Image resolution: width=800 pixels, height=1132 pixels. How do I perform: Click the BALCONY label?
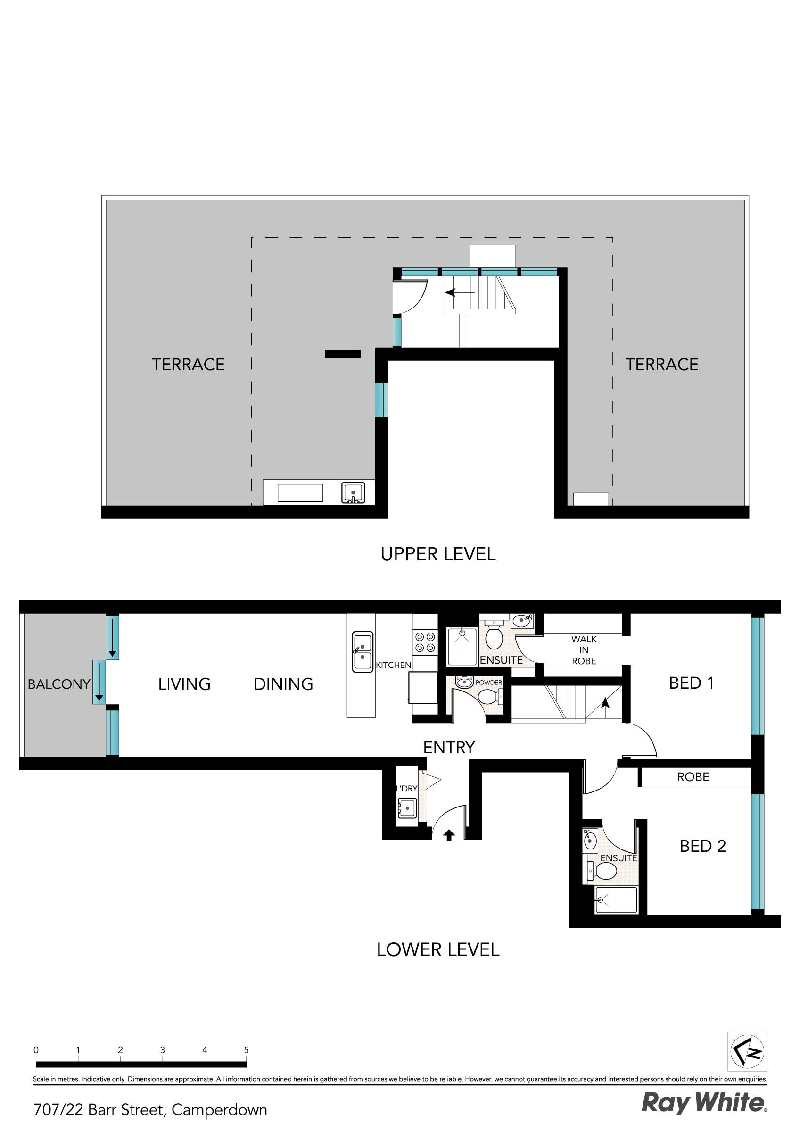58,684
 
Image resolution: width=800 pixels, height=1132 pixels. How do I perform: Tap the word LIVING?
184,684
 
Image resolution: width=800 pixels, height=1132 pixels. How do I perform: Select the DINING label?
283,684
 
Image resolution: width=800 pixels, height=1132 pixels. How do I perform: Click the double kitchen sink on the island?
363,652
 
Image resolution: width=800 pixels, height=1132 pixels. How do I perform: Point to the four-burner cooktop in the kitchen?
425,642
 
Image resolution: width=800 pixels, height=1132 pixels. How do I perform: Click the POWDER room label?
488,683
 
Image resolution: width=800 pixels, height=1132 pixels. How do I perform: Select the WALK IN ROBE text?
584,650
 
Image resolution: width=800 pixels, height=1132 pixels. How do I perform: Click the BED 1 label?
691,683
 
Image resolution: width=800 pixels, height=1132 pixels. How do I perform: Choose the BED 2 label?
702,846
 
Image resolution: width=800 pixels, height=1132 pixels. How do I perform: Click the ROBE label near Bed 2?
693,777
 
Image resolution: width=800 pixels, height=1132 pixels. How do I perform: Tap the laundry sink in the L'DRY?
407,808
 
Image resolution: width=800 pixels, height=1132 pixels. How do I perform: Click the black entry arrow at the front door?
448,835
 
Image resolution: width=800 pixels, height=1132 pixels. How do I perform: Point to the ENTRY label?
448,748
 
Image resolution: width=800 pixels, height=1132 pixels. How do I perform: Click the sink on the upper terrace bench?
353,493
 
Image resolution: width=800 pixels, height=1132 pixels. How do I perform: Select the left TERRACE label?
188,364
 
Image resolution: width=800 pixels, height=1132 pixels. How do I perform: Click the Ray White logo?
704,1103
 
